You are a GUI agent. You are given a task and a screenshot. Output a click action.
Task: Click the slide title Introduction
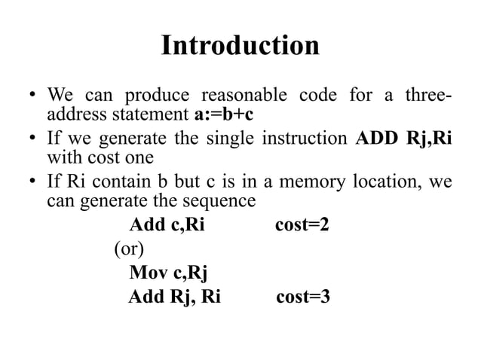point(240,46)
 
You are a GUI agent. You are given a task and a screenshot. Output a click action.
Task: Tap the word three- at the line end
point(428,97)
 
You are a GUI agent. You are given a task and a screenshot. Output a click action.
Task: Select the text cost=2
point(301,225)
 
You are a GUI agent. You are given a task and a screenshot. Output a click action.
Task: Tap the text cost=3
point(303,297)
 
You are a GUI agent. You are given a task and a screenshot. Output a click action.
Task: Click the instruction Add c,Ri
point(167,225)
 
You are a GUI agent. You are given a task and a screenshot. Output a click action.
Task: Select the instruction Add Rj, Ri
point(174,297)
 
